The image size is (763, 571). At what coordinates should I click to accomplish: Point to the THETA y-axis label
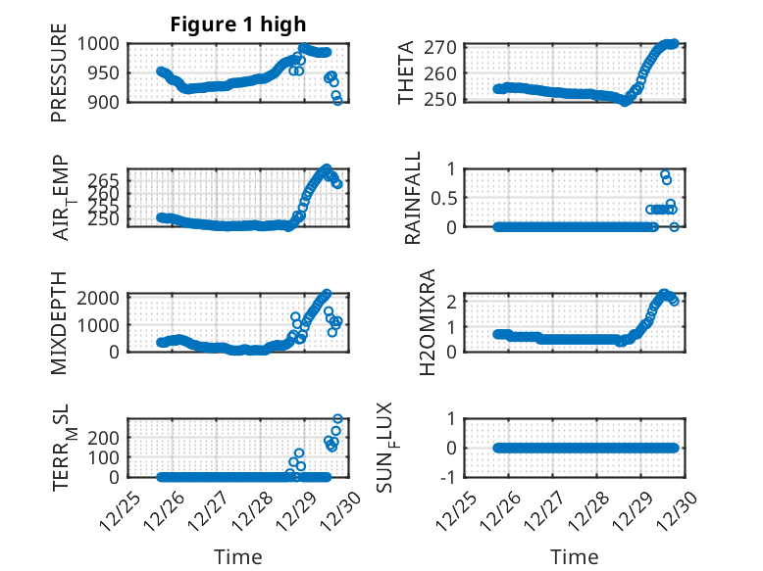point(406,72)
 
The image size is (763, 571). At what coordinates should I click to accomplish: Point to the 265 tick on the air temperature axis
point(107,181)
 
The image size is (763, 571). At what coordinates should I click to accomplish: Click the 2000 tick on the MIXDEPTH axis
point(101,298)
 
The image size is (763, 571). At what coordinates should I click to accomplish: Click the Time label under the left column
point(238,557)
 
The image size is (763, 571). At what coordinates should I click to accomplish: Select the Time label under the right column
point(574,557)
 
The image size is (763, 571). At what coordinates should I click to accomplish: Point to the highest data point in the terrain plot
point(338,420)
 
